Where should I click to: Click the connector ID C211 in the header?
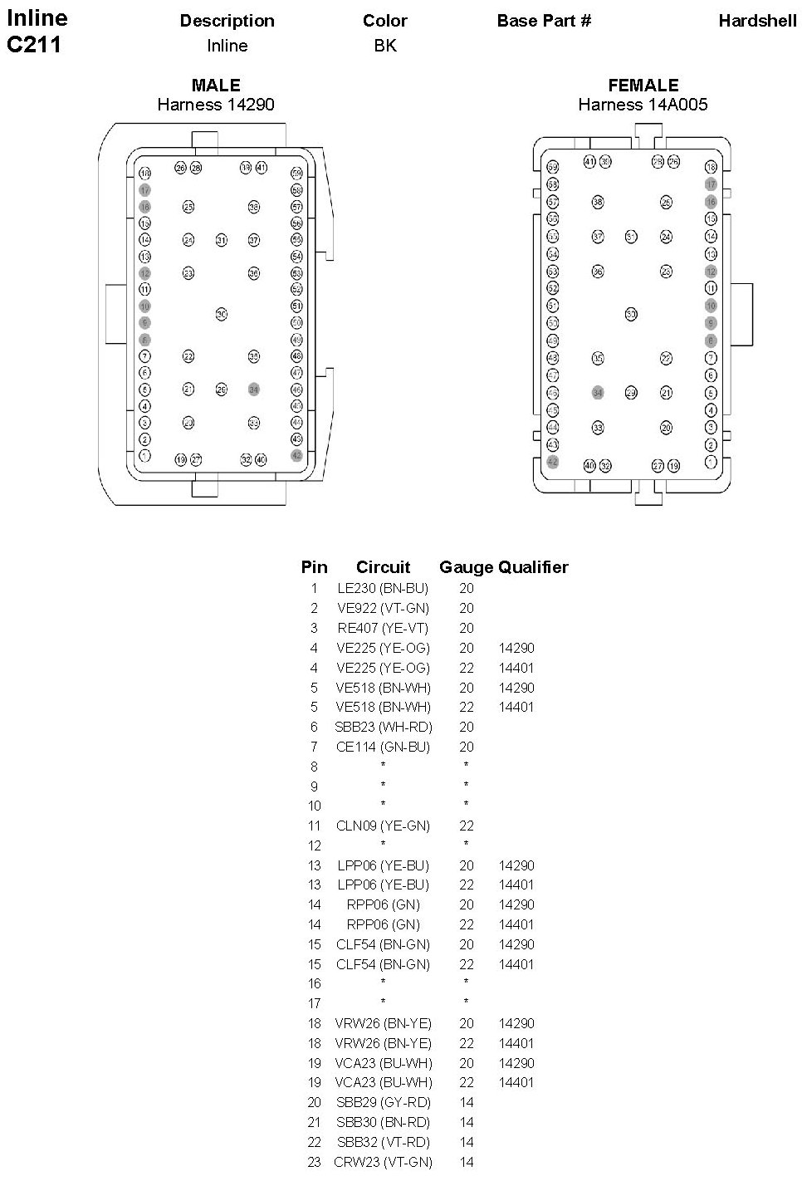coord(34,45)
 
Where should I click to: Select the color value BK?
coord(385,46)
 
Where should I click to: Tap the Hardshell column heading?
coord(757,21)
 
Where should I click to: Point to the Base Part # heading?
coord(544,21)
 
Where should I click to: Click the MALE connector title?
coord(216,85)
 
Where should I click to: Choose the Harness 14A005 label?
coord(643,105)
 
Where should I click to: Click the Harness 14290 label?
coord(216,105)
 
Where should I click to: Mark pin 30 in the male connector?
coord(221,314)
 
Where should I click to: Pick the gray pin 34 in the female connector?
coord(597,392)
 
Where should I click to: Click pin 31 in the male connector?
coord(221,240)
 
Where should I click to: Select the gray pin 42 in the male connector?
coord(296,455)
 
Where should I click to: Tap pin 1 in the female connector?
coord(711,462)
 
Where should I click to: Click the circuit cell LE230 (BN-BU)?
coord(383,588)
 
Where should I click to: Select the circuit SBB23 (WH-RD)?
coord(383,727)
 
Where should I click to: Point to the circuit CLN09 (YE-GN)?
coord(383,826)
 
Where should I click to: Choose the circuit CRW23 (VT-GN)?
coord(383,1162)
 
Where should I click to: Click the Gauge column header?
coord(466,567)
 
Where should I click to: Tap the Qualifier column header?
coord(533,567)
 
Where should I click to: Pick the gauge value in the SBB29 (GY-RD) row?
coord(467,1102)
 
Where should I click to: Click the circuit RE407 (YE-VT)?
coord(383,628)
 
